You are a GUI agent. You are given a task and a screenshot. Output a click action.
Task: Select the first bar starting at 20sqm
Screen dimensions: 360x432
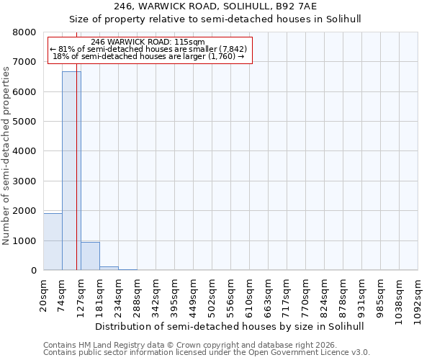[53, 241]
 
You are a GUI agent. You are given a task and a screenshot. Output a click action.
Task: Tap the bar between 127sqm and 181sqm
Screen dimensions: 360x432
[90, 256]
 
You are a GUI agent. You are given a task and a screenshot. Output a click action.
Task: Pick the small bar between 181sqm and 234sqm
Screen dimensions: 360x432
[109, 268]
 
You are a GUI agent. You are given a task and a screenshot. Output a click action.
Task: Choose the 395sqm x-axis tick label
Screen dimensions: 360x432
[175, 295]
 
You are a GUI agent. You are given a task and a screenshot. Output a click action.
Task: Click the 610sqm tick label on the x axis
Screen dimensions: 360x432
[250, 295]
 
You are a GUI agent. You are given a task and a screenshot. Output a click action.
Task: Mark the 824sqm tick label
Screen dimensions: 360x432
[325, 295]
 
